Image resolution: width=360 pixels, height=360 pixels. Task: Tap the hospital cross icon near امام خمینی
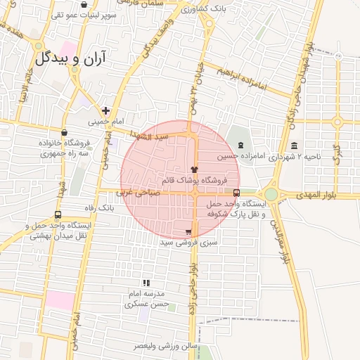pyautogui.click(x=105, y=110)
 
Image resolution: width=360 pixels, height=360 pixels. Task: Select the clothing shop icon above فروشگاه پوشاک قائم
pyautogui.click(x=195, y=169)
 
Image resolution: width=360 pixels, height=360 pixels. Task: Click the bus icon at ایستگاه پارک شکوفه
pyautogui.click(x=236, y=192)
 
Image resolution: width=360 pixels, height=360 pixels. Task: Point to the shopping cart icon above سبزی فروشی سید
pyautogui.click(x=188, y=231)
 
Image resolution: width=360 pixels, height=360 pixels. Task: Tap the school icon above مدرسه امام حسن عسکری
pyautogui.click(x=146, y=283)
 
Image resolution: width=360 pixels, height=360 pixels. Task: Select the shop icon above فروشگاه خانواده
pyautogui.click(x=65, y=131)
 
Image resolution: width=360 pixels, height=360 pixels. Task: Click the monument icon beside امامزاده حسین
pyautogui.click(x=240, y=146)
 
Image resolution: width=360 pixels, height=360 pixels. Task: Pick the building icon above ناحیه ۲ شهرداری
pyautogui.click(x=292, y=146)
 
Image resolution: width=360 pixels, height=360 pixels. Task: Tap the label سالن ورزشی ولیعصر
pyautogui.click(x=169, y=347)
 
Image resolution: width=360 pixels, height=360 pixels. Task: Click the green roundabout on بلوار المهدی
pyautogui.click(x=271, y=193)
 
